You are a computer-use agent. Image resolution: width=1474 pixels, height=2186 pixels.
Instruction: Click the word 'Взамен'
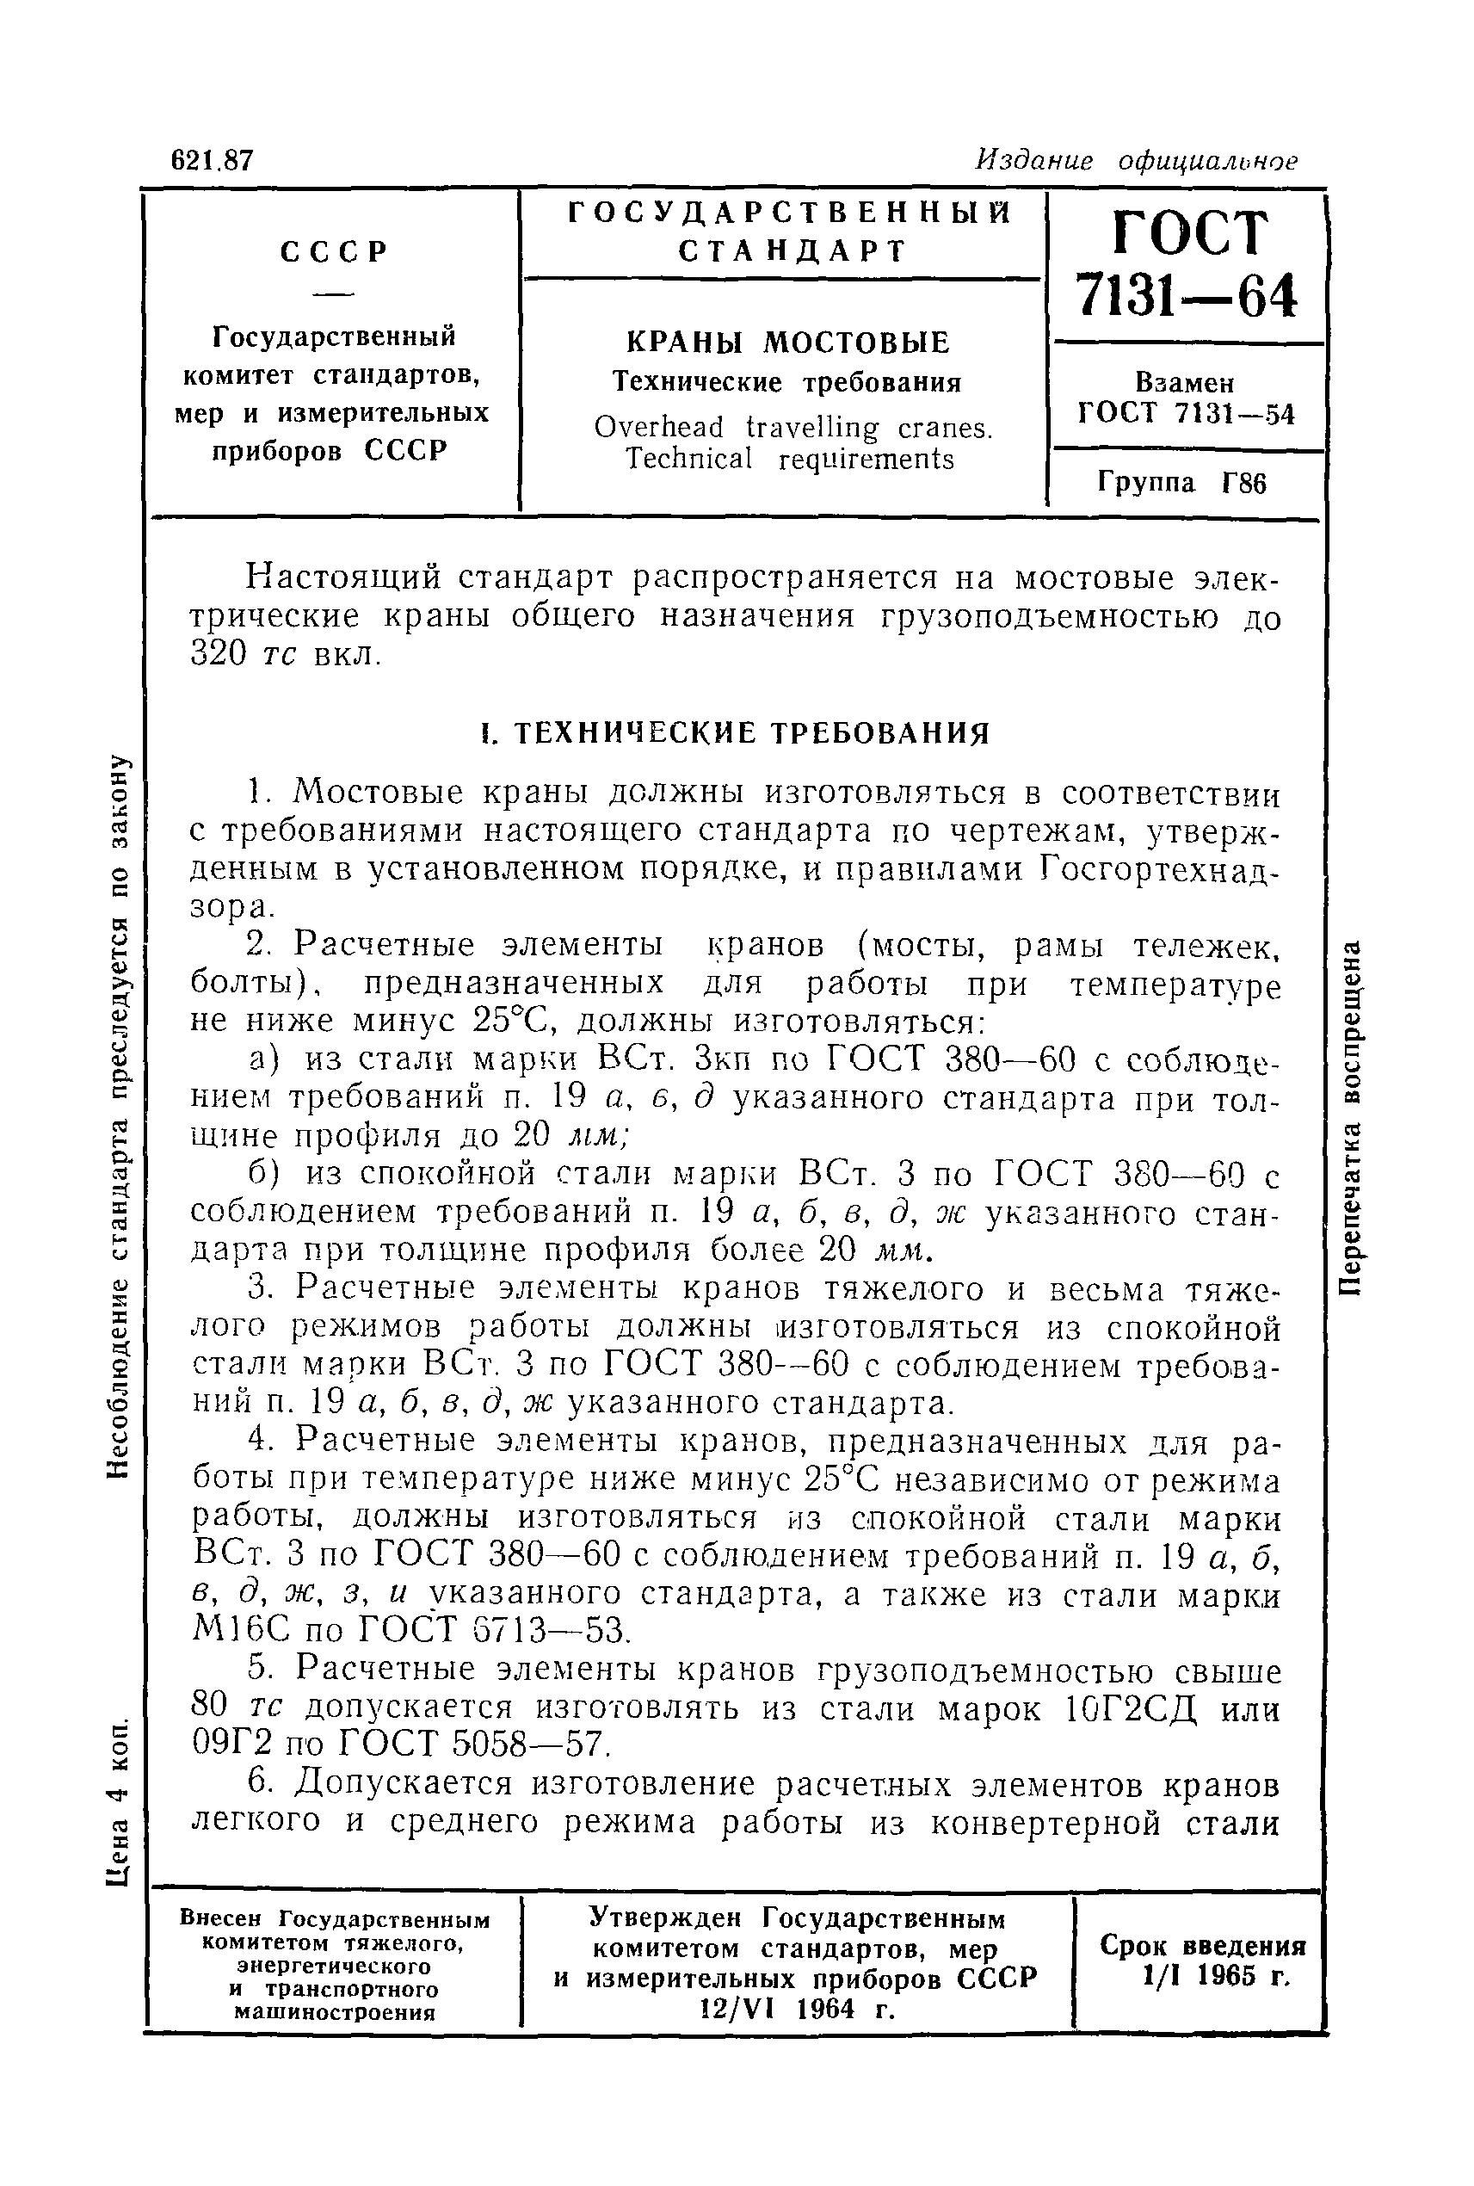pyautogui.click(x=1186, y=383)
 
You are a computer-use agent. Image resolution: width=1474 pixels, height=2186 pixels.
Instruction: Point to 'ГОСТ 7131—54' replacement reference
pyautogui.click(x=1187, y=414)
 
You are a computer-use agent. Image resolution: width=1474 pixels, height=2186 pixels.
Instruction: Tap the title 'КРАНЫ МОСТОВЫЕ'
pyautogui.click(x=786, y=343)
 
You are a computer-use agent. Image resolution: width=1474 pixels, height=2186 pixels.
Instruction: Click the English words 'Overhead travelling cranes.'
pyautogui.click(x=793, y=428)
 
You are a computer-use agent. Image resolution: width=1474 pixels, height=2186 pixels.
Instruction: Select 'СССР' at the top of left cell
pyautogui.click(x=335, y=252)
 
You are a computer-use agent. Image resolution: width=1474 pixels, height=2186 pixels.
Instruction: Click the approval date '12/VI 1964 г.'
pyautogui.click(x=797, y=2010)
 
